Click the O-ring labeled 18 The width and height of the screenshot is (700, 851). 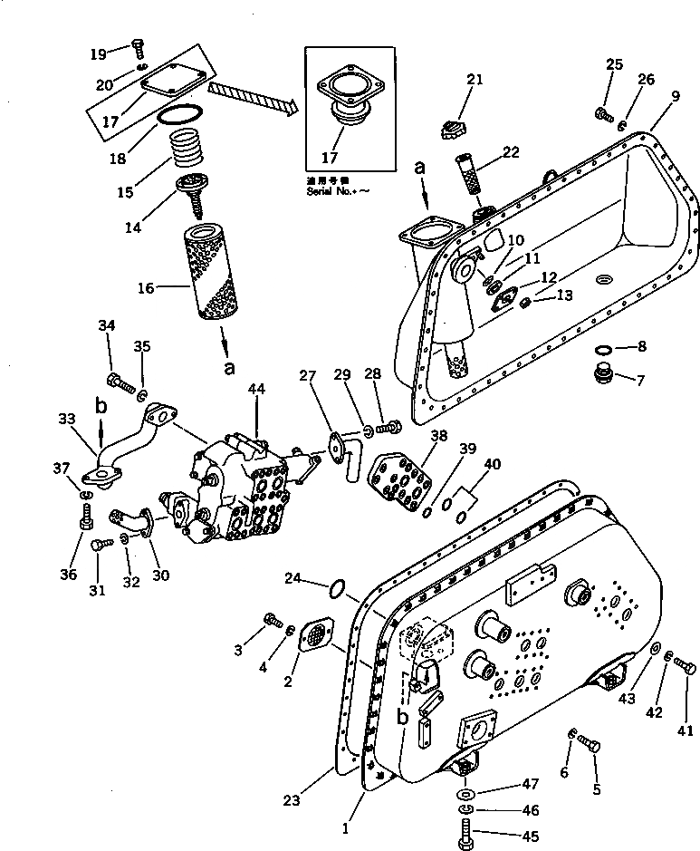click(181, 115)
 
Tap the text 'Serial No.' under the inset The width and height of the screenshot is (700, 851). click(327, 191)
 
